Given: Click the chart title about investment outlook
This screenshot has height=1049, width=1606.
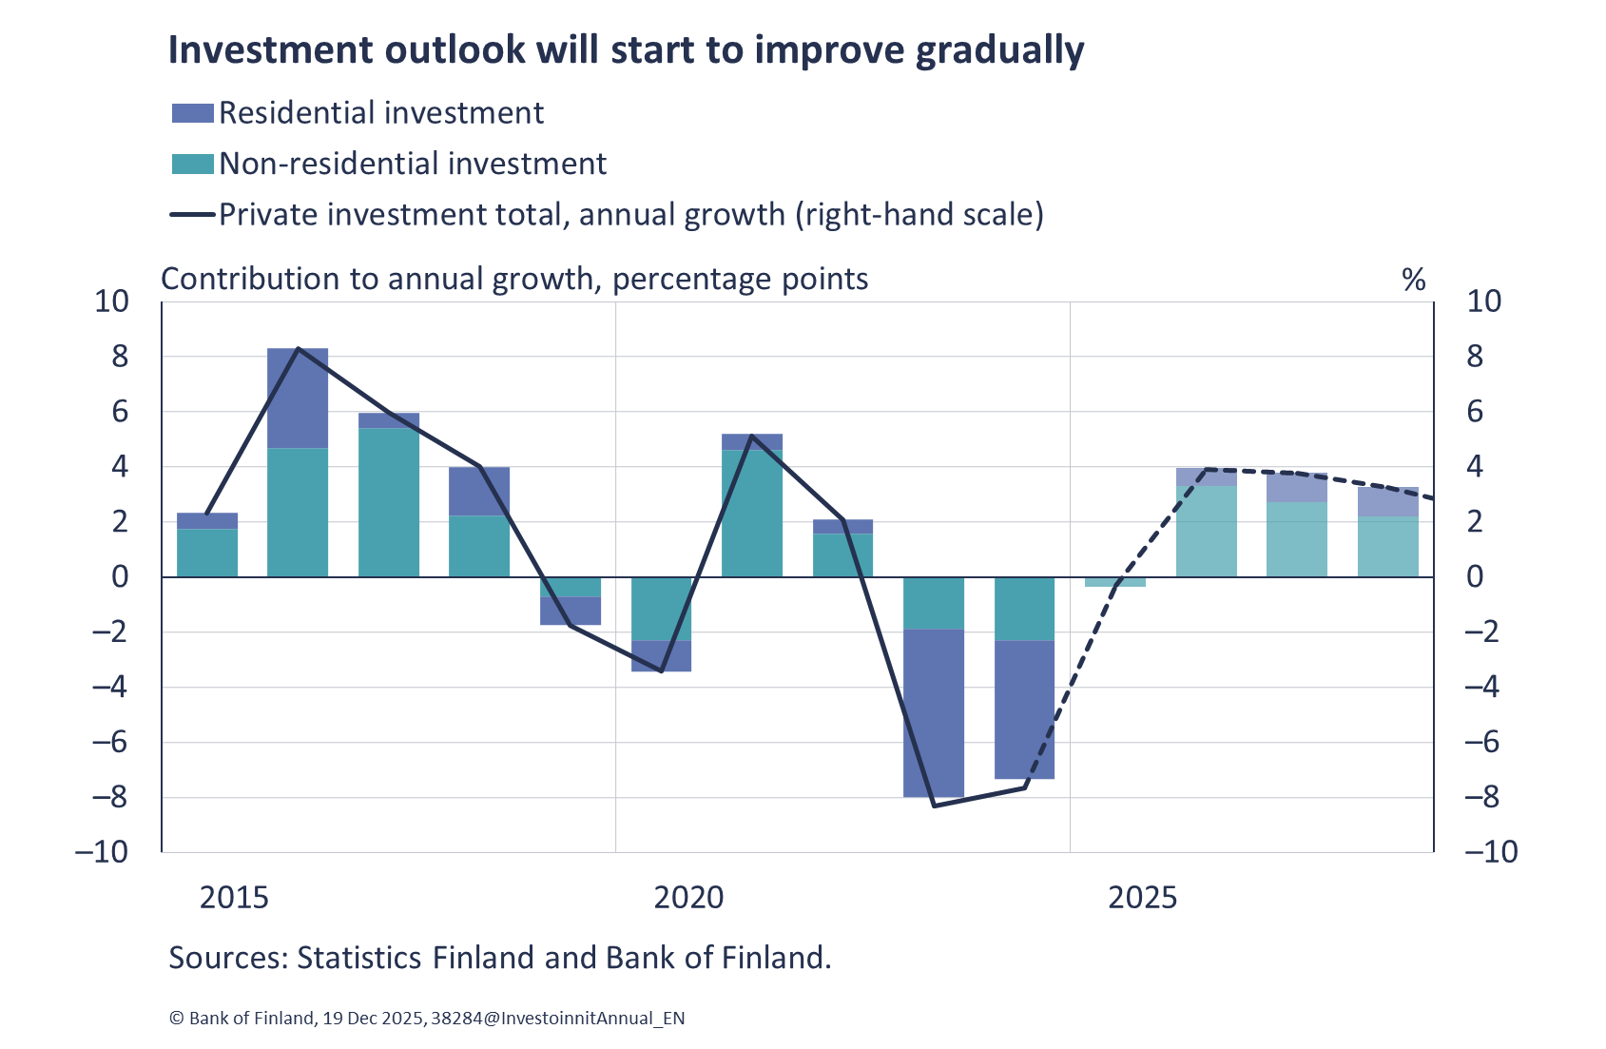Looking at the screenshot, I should tap(626, 50).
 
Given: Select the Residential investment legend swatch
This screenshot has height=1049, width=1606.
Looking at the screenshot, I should tap(192, 113).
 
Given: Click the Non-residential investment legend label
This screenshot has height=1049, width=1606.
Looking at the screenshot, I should tap(413, 165).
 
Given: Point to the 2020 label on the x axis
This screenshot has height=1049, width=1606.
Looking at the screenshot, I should tap(688, 898).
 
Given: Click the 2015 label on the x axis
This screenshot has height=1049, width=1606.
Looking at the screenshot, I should tap(234, 898).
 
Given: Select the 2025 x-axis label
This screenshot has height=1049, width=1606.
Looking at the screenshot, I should tap(1142, 898).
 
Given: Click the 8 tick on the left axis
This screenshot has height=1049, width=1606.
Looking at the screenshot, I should tap(120, 358).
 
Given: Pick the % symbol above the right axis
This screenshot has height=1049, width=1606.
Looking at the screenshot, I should tap(1413, 281).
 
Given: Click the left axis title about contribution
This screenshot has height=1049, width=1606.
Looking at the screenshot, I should tap(514, 280).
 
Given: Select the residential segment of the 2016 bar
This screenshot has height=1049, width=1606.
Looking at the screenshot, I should tap(298, 398).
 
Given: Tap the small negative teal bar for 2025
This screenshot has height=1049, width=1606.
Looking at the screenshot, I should tap(1115, 582).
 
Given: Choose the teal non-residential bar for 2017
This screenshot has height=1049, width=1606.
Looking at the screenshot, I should tap(389, 502).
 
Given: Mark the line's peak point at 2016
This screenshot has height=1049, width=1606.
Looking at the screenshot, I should tap(299, 349).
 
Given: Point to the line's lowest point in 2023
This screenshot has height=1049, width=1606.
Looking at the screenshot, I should tap(934, 806).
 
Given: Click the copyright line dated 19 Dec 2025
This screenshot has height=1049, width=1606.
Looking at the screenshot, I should tap(426, 1019).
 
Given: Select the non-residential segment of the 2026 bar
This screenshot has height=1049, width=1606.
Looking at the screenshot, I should tap(1207, 531).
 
